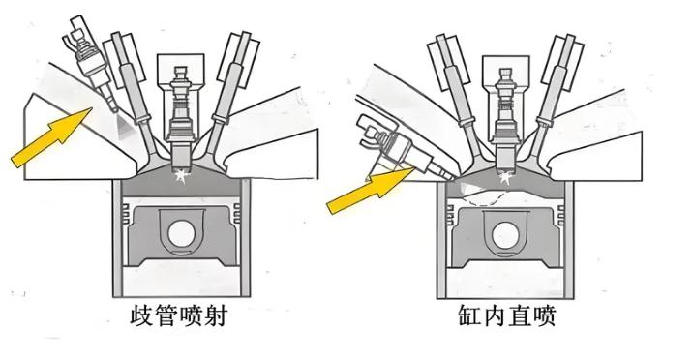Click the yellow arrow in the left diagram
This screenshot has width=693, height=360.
(52, 136)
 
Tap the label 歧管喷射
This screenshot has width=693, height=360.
(179, 315)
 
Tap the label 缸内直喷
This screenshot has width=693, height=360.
(506, 315)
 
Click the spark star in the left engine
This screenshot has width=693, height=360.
(181, 175)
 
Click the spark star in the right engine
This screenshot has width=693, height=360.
(505, 177)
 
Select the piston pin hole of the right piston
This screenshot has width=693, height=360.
(505, 234)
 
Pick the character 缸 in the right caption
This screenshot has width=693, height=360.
(468, 315)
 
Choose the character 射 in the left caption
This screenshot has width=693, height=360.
(216, 315)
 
